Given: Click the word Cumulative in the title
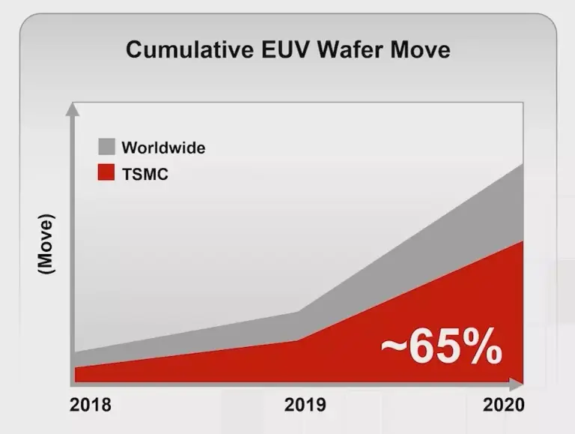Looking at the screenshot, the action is click(x=189, y=49).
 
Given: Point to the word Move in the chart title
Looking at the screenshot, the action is click(x=420, y=49).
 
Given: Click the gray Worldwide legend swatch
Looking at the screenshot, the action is click(x=106, y=146).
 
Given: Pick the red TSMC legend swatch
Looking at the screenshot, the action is click(x=106, y=172).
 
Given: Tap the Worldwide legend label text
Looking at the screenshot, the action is click(x=163, y=148).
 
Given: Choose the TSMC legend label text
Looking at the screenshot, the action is click(x=145, y=174).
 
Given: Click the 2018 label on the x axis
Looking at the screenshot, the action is click(x=90, y=405).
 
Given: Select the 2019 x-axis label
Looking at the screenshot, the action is click(x=305, y=405).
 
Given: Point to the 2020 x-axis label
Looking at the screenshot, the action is click(x=503, y=405).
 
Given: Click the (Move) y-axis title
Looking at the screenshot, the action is click(x=46, y=243).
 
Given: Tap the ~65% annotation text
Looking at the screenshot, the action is click(x=442, y=347).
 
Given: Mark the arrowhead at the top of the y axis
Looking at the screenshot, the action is click(x=72, y=109).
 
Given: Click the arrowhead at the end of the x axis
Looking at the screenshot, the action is click(x=517, y=384).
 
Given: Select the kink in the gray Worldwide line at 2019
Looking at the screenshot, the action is click(x=298, y=312).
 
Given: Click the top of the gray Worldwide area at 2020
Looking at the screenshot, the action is click(x=523, y=164).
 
